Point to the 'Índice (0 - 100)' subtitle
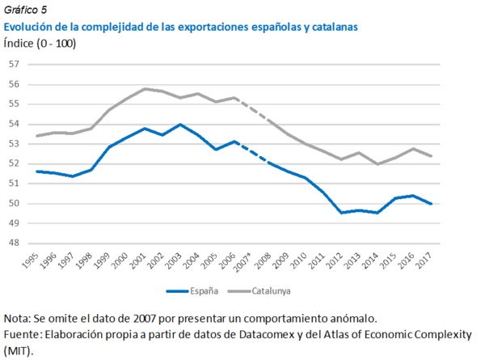tap(40, 43)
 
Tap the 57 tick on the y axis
tap(15, 64)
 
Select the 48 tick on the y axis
tap(15, 243)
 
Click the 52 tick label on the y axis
tap(15, 163)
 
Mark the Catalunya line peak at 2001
tap(145, 88)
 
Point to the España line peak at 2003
tap(180, 125)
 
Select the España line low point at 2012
tap(342, 213)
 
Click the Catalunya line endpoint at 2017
tap(431, 156)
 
